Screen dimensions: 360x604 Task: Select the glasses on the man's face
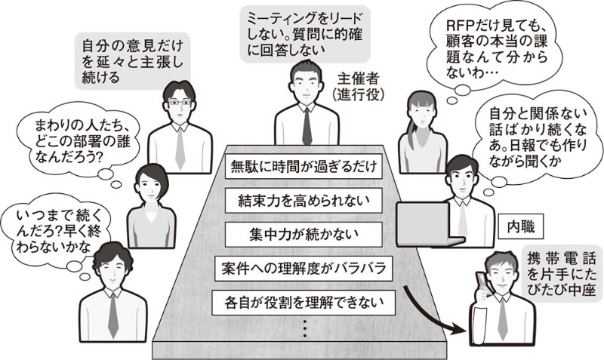click(179, 102)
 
